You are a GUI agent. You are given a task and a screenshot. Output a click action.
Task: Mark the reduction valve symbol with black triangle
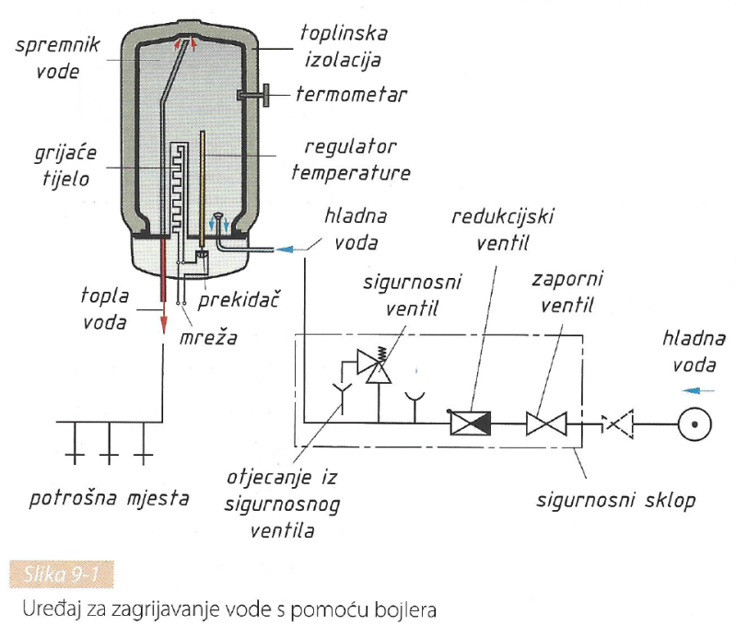470,423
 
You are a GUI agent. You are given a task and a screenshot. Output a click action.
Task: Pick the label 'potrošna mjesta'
110,500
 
